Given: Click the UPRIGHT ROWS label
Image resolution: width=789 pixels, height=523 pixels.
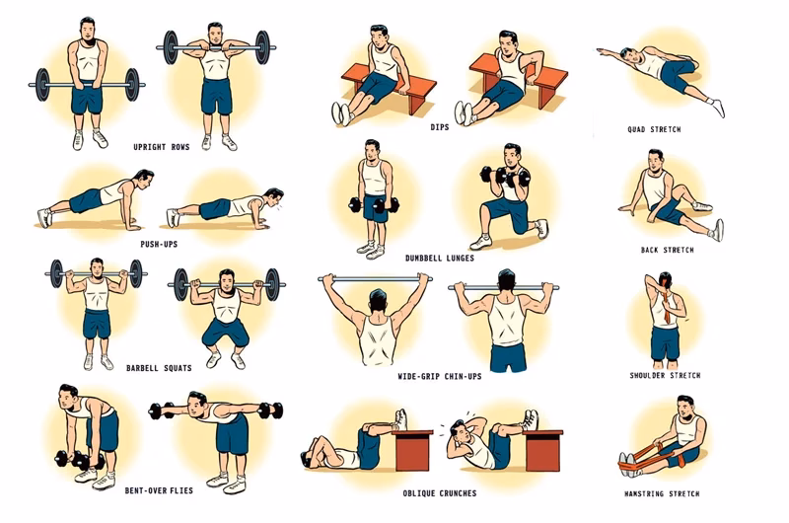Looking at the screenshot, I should pos(163,147).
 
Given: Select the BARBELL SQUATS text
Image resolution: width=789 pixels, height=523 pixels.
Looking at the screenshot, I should pos(160,368).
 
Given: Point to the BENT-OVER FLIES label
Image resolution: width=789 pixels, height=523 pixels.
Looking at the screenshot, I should pos(159,488).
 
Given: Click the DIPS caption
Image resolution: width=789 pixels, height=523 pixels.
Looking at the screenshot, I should pos(439,127).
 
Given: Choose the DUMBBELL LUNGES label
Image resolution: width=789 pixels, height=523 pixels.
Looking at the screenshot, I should pos(439,258).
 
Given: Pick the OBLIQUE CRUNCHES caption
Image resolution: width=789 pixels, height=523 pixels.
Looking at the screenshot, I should pos(439,492).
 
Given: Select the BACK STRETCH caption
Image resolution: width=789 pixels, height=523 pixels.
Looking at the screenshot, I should pos(667,250).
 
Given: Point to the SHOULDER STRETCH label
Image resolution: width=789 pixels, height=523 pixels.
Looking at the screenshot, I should pos(665,375).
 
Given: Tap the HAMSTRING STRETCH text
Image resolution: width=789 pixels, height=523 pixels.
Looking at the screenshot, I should pos(662,492).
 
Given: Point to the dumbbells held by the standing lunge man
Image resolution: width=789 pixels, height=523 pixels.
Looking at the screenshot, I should pos(371,206).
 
